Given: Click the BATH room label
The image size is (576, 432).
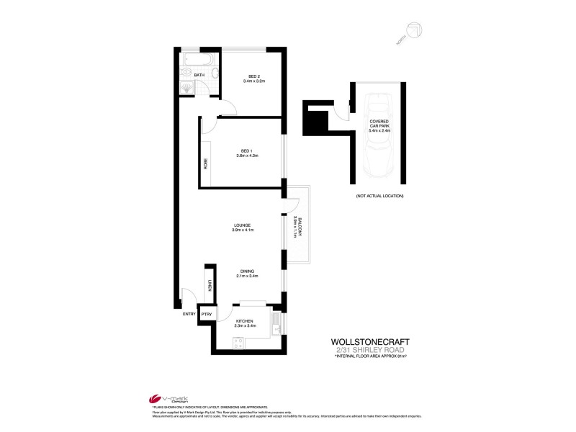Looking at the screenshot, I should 199,74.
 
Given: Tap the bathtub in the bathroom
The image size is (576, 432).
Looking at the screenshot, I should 197,59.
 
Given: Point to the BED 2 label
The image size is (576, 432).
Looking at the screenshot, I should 253,77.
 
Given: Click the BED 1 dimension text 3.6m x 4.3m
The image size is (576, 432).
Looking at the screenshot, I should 245,156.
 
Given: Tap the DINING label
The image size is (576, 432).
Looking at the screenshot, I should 246,271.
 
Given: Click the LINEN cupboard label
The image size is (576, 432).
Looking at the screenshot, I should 210,287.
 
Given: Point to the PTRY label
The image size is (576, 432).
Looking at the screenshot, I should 206,314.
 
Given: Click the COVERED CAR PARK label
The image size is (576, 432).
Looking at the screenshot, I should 379,126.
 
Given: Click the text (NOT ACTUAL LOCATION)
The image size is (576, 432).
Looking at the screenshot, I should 379,197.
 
